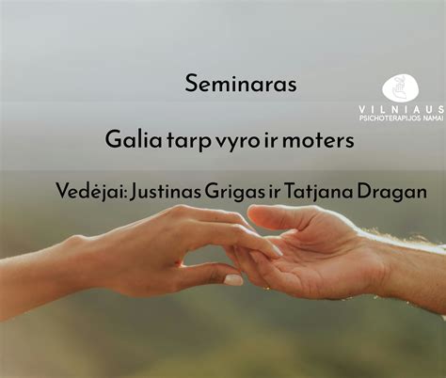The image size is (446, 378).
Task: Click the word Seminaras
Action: (x=242, y=84)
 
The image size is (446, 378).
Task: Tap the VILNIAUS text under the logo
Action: (x=413, y=111)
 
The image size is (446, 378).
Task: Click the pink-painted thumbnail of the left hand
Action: (x=232, y=279)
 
